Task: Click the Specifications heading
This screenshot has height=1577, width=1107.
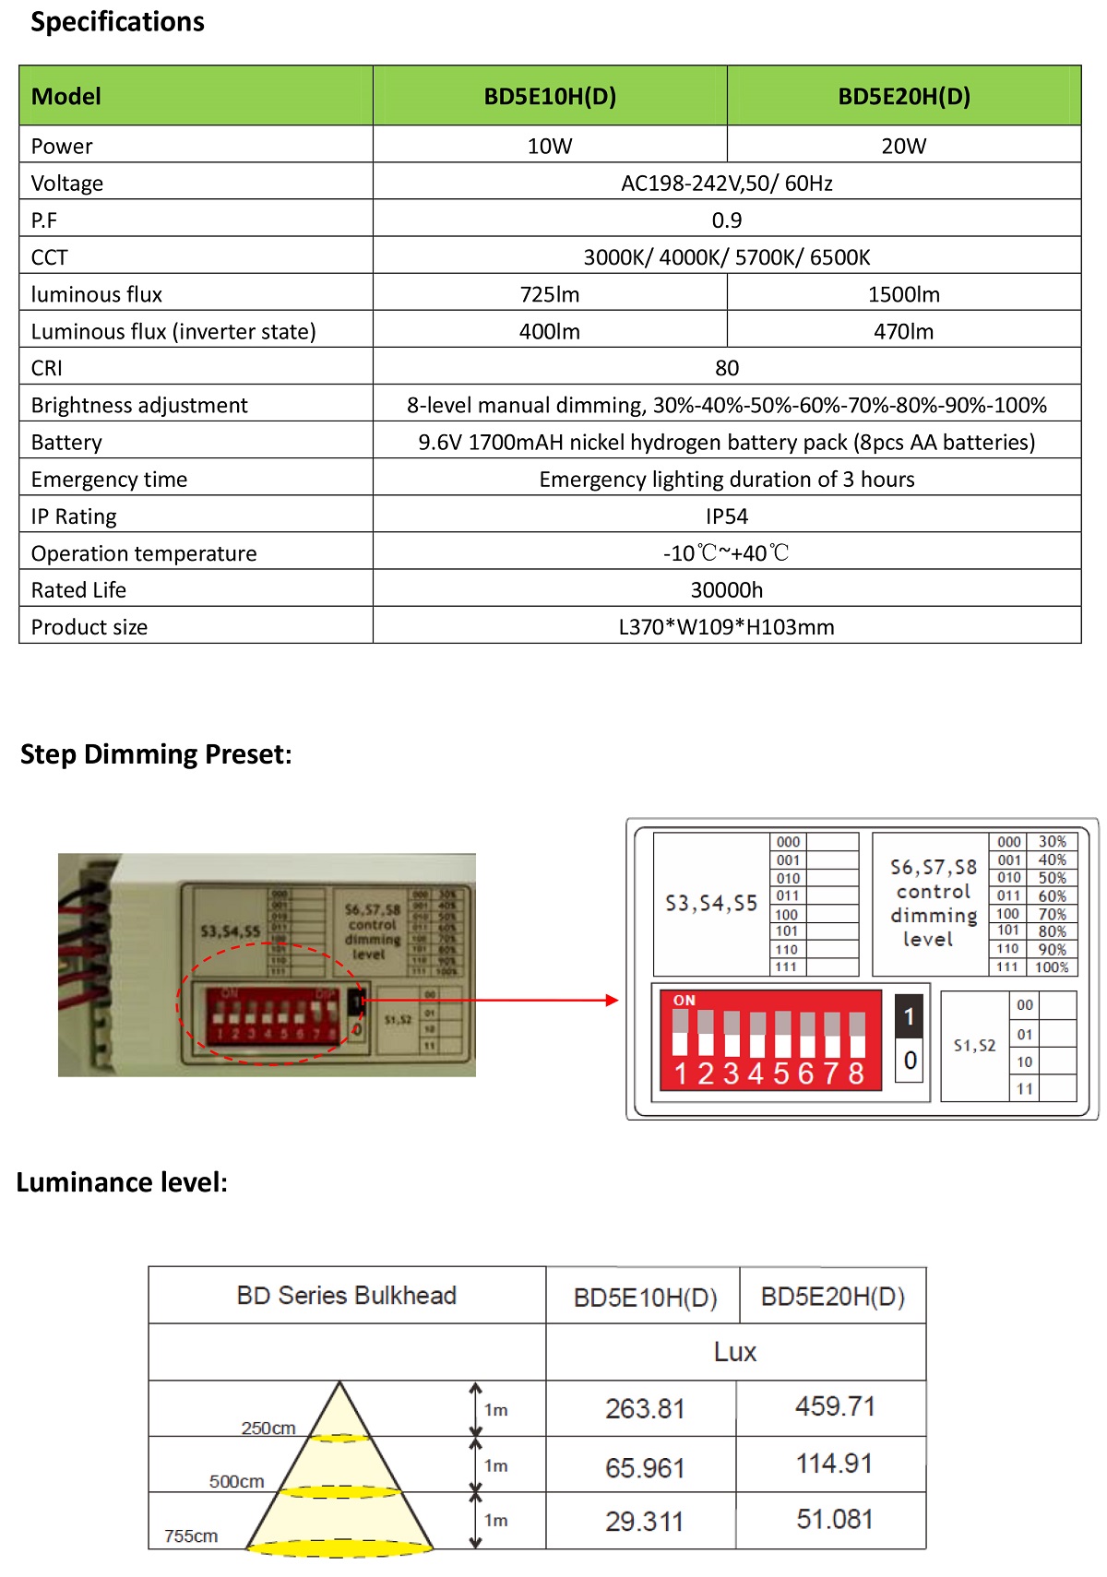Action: [117, 21]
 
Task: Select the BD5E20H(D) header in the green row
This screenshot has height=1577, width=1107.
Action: [903, 96]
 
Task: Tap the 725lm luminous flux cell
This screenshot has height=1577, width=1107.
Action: [549, 294]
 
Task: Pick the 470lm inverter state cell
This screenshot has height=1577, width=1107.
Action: [903, 331]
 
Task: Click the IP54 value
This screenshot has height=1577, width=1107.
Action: [726, 516]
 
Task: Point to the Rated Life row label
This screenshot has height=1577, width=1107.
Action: [78, 589]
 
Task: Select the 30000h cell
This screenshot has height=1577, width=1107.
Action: [726, 589]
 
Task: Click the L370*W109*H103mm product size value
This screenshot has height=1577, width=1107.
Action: [726, 627]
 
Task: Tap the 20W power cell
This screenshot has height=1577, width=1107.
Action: [903, 146]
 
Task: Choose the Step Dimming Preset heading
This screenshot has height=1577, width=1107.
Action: [156, 754]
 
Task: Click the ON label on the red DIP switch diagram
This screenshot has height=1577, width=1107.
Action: [684, 1000]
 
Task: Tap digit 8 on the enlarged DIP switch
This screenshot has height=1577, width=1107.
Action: [856, 1073]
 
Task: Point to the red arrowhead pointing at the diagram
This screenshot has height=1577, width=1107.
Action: [612, 1000]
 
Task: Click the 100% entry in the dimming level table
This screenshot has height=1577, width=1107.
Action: [1052, 967]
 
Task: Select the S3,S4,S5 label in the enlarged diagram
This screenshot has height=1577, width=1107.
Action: [711, 904]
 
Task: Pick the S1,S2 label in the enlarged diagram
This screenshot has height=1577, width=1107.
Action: [974, 1046]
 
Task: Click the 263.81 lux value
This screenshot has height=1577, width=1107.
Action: [645, 1409]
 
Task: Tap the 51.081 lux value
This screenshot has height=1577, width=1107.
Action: [834, 1519]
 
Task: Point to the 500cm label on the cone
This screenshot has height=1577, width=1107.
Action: [236, 1481]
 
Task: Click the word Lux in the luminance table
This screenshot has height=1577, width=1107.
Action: [734, 1352]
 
